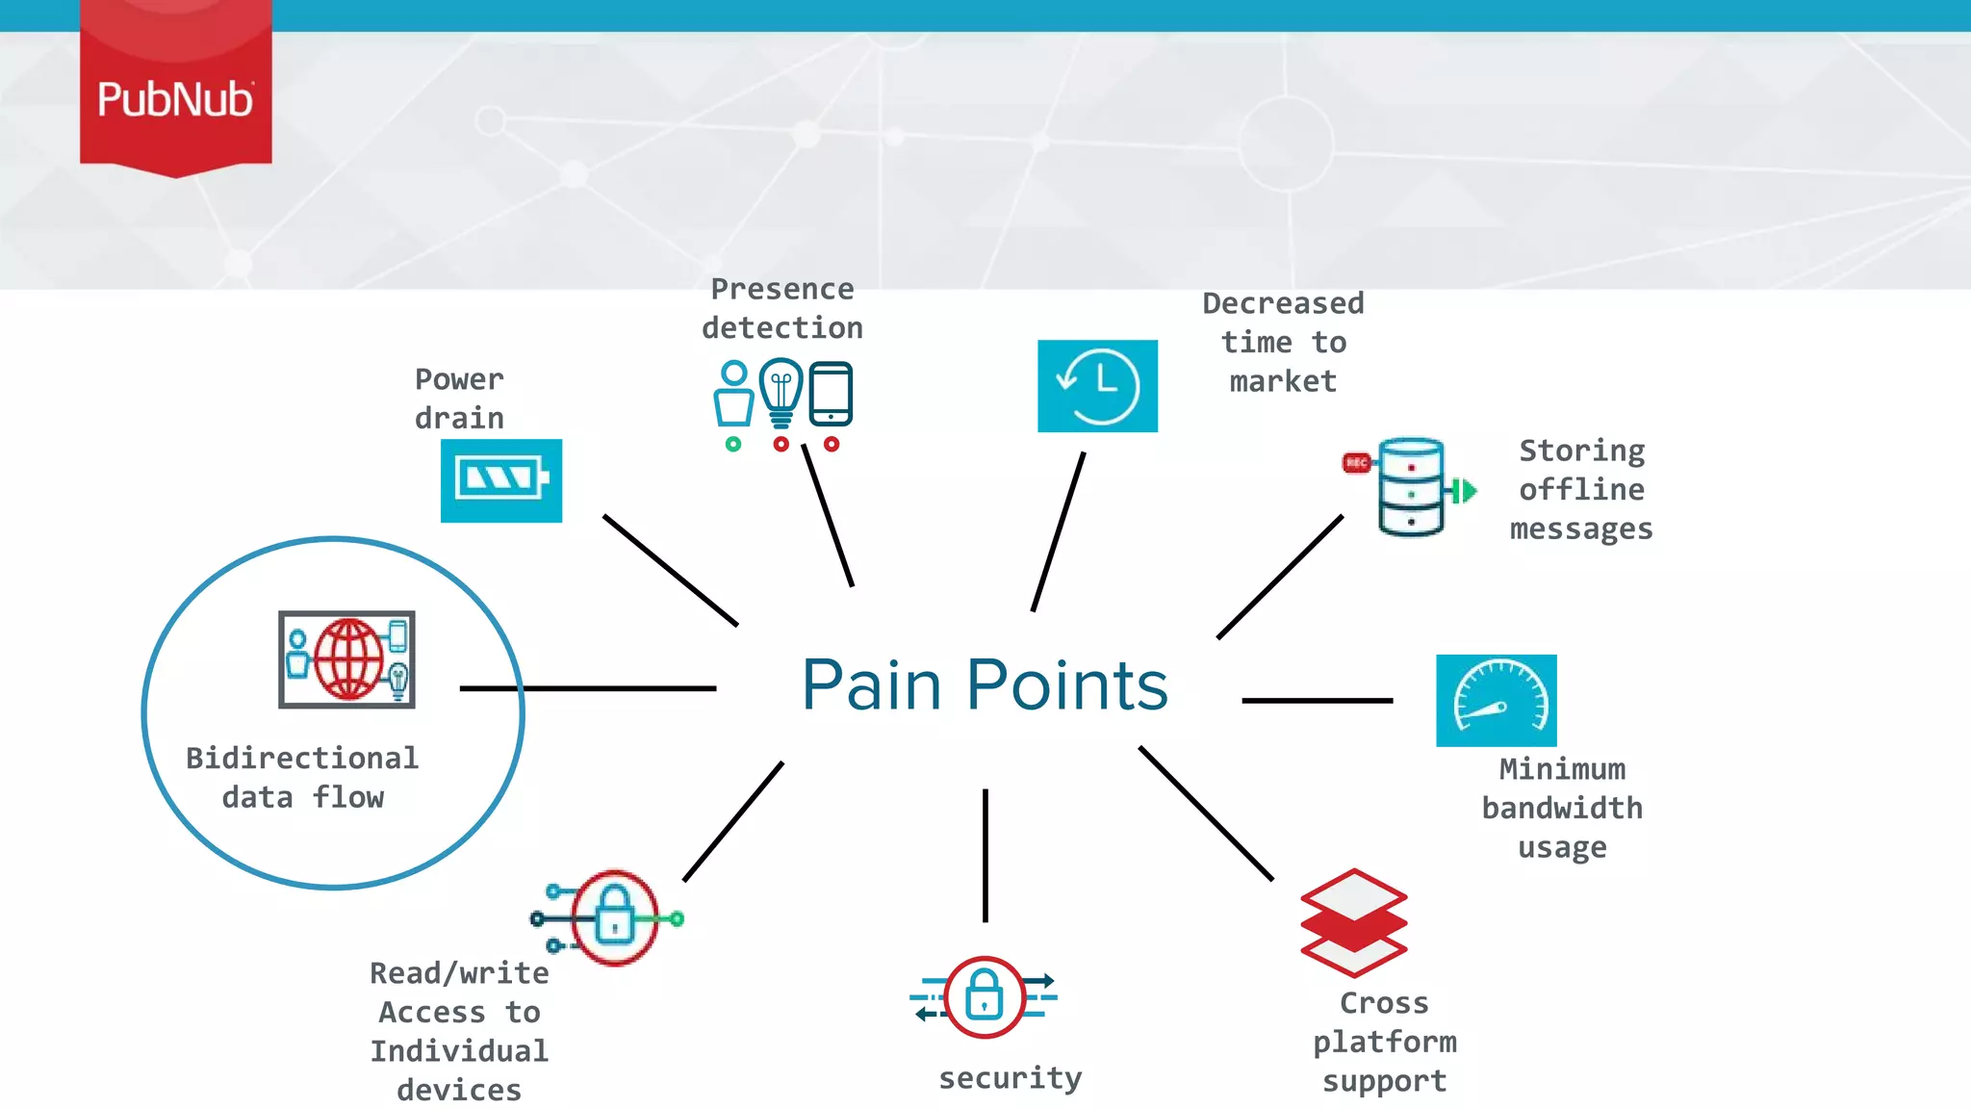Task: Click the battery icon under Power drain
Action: point(501,480)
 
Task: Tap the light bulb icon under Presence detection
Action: point(781,392)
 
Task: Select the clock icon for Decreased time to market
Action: point(1097,386)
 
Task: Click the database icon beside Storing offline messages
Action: point(1411,487)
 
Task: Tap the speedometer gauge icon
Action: point(1496,701)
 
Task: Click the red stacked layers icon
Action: point(1353,923)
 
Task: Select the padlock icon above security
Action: point(984,997)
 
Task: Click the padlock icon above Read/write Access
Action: point(614,917)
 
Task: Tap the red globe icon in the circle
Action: point(347,659)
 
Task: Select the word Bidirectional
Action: point(301,759)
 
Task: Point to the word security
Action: point(1010,1078)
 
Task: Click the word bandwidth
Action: point(1561,809)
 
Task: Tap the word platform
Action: point(1384,1043)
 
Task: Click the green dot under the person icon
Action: point(733,444)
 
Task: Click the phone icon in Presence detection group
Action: point(831,394)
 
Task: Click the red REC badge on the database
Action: point(1356,463)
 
